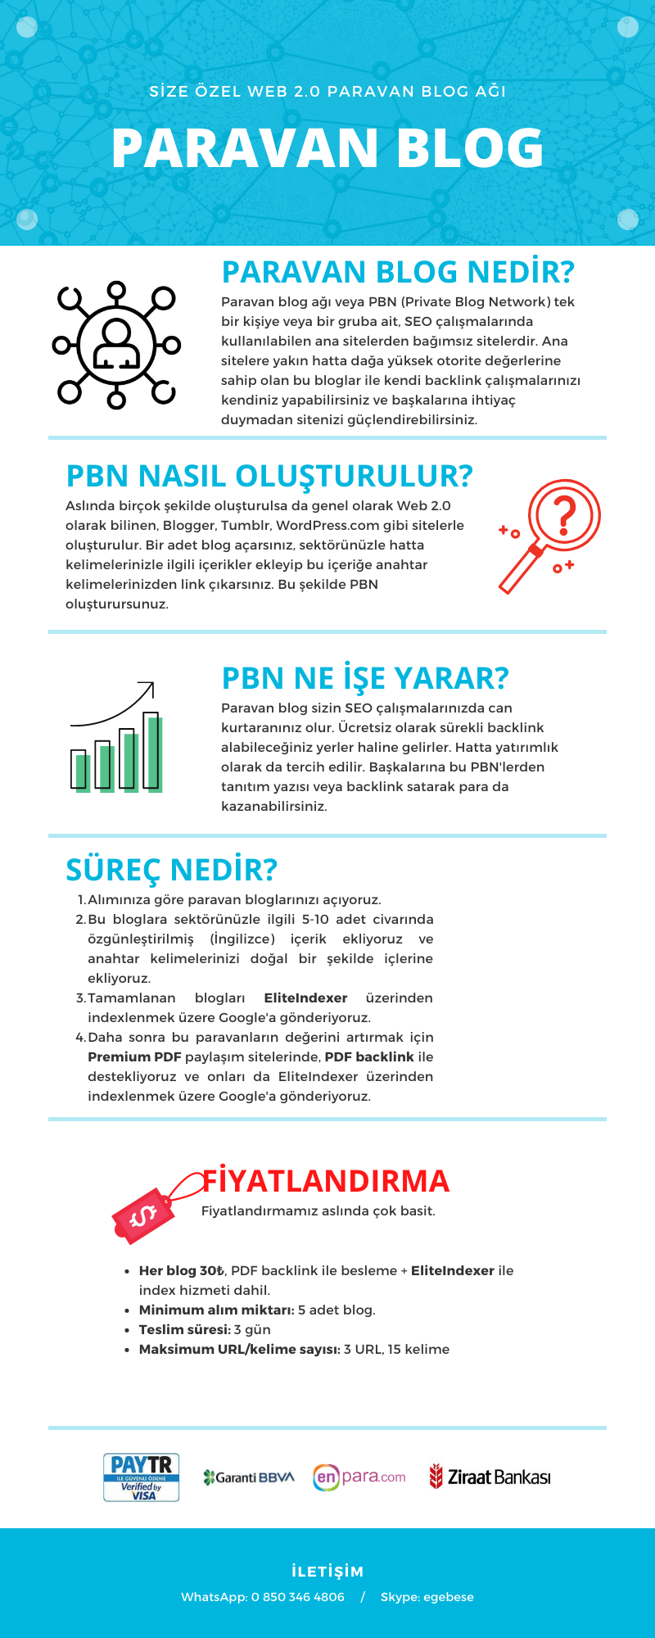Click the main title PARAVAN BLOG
pos(327,148)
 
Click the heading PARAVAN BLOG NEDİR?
pos(398,272)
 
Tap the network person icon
pos(116,345)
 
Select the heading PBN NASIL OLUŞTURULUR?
pos(269,476)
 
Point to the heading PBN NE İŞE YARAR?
pos(365,678)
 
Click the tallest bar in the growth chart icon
pos(151,750)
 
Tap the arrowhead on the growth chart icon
pos(147,686)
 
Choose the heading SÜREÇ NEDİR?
pos(171,870)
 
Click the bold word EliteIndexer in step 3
pos(305,998)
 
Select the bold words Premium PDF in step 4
pos(134,1057)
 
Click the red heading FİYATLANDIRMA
pos(326,1181)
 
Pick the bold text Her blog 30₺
pos(181,1270)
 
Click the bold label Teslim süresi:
pos(184,1329)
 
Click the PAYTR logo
pos(141,1477)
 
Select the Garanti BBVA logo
pos(248,1477)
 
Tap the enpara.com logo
pos(359,1477)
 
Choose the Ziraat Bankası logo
pos(490,1477)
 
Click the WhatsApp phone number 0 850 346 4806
pos(297,1597)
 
